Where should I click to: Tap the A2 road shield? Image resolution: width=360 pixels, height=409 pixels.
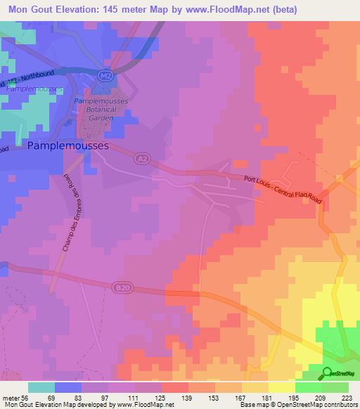141,160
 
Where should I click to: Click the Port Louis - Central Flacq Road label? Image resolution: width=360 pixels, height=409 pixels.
280,189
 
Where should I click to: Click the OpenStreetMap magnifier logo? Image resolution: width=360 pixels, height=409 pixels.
328,373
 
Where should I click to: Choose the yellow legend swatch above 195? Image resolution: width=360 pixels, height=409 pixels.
282,387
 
